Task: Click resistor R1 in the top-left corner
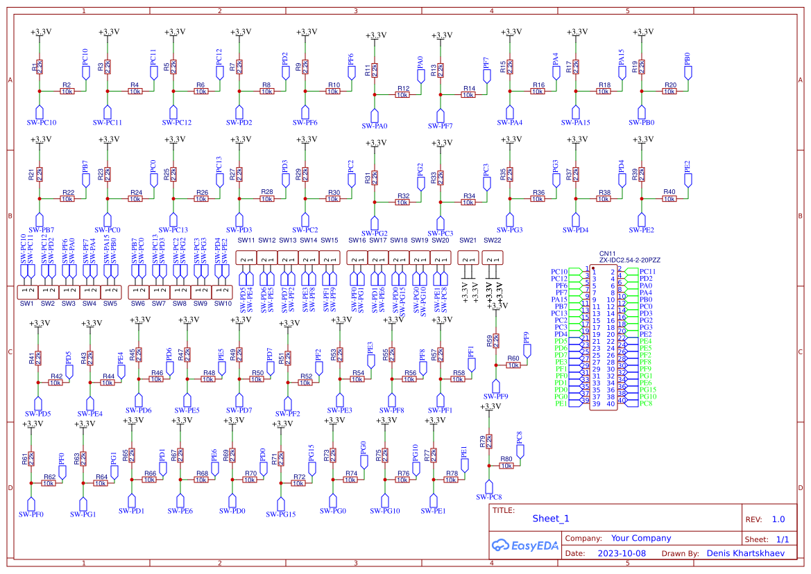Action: pyautogui.click(x=40, y=67)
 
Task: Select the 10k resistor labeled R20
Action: pyautogui.click(x=669, y=92)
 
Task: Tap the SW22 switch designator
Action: pyautogui.click(x=492, y=240)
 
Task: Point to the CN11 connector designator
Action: pyautogui.click(x=607, y=254)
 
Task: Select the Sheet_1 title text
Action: pyautogui.click(x=550, y=519)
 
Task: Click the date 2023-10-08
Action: pyautogui.click(x=621, y=554)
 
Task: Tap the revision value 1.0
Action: pyautogui.click(x=778, y=519)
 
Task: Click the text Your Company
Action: pyautogui.click(x=640, y=538)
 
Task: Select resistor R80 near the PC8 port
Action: pyautogui.click(x=506, y=466)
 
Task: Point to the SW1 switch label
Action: pyautogui.click(x=26, y=304)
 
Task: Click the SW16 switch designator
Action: pyautogui.click(x=357, y=240)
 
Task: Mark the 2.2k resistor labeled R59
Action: pyautogui.click(x=495, y=340)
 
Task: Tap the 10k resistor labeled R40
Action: pyautogui.click(x=669, y=199)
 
